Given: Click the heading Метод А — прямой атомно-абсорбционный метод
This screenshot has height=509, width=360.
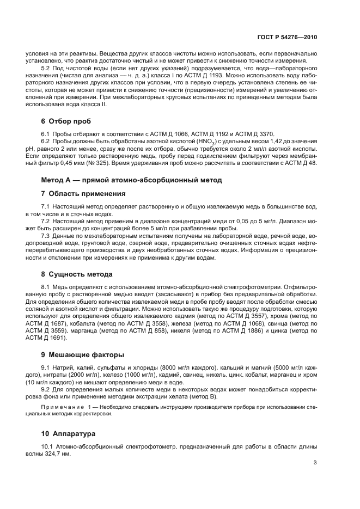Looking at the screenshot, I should tap(124, 179).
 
